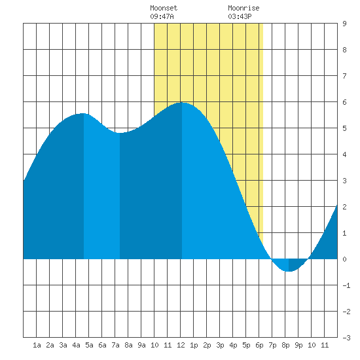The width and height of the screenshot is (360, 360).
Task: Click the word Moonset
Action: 164,8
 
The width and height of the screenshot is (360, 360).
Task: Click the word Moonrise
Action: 243,8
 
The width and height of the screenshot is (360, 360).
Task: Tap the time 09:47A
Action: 162,16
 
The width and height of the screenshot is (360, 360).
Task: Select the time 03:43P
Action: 240,16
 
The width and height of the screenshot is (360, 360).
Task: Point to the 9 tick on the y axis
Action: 344,24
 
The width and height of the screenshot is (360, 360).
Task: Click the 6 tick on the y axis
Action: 344,102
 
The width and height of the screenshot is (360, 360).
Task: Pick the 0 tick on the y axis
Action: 344,259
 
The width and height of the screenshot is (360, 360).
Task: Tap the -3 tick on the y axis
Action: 346,338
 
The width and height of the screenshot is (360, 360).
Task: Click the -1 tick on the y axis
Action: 346,285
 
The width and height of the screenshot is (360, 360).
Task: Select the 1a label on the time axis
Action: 37,345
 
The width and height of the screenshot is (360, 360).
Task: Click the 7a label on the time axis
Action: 115,345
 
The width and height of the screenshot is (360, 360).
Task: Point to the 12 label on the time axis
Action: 181,345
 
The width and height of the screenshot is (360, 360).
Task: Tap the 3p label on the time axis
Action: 220,345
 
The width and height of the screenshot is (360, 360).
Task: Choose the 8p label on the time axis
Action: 285,345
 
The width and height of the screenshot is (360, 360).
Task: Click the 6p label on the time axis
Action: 259,345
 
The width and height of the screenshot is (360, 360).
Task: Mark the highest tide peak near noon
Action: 182,102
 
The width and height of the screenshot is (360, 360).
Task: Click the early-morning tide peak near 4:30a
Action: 84,113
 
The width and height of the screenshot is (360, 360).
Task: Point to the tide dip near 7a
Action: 120,133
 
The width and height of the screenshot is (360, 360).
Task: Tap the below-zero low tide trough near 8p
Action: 289,271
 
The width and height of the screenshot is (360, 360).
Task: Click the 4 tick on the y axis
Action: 344,154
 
